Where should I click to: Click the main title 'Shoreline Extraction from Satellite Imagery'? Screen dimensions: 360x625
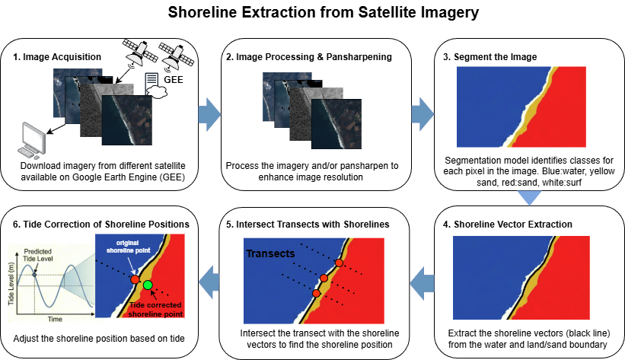click(x=312, y=14)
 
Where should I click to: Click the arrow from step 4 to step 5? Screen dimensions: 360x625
click(x=421, y=284)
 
